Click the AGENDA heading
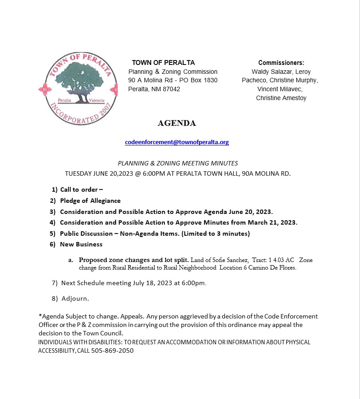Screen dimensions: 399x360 click(x=176, y=123)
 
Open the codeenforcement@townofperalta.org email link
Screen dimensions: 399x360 click(x=177, y=142)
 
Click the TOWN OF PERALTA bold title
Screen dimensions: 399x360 click(x=163, y=63)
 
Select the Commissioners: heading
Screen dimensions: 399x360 click(x=281, y=63)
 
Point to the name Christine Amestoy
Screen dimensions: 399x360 click(x=281, y=98)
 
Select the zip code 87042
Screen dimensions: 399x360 click(x=171, y=89)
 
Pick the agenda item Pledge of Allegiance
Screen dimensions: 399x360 click(x=90, y=201)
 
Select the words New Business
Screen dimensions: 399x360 click(x=81, y=244)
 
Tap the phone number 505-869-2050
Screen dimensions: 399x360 click(x=112, y=351)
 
